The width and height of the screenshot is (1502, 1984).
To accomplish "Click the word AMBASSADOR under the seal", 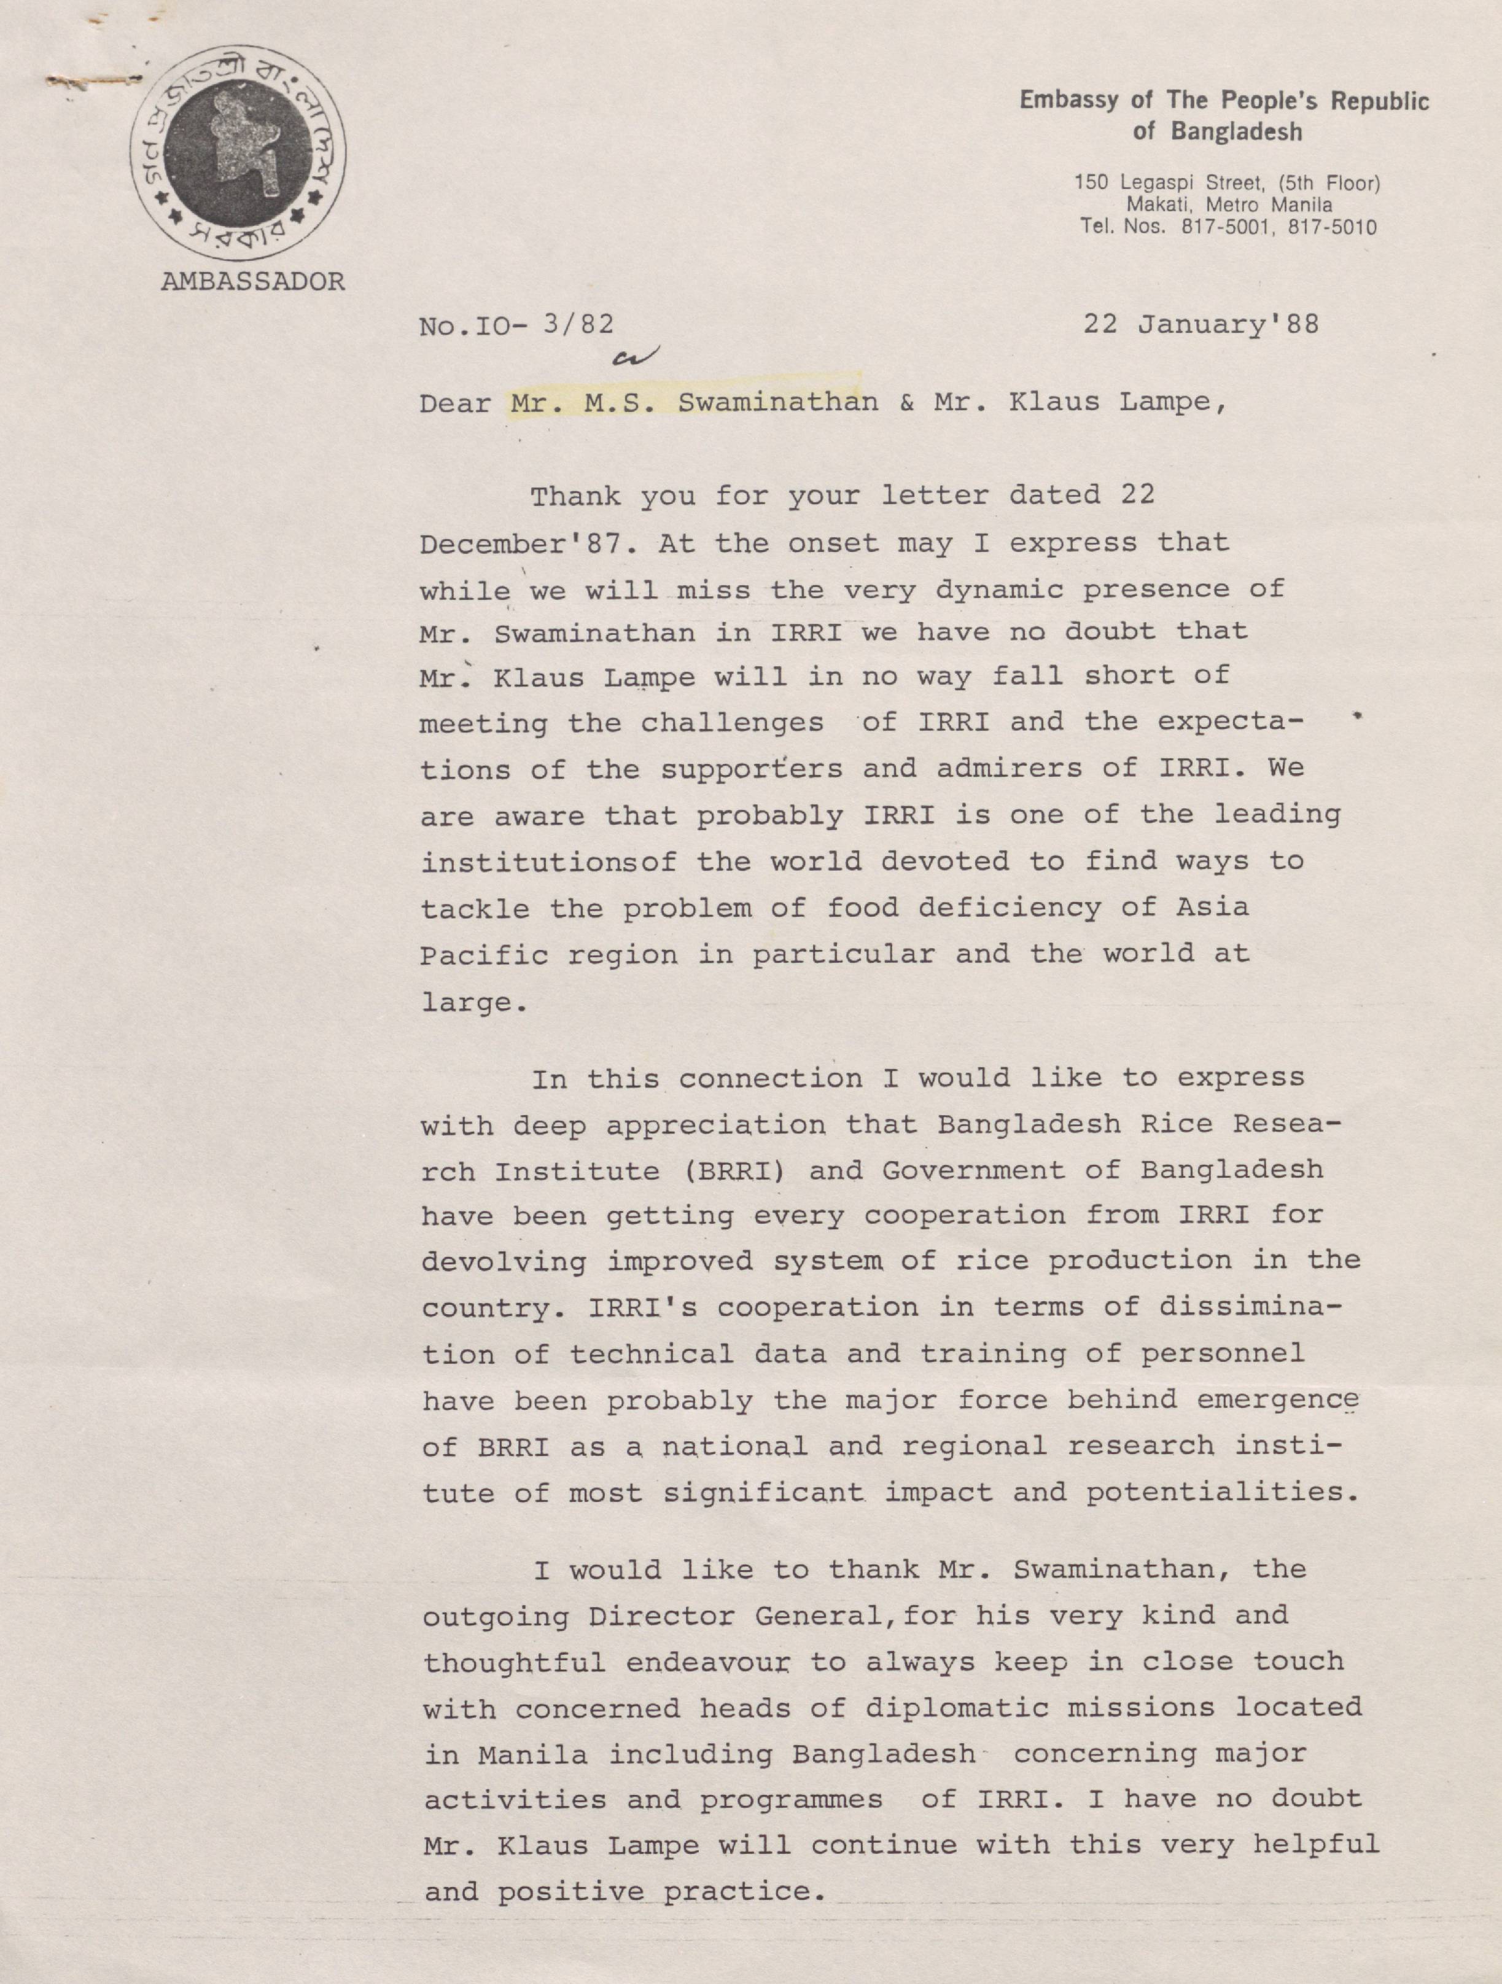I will pyautogui.click(x=253, y=282).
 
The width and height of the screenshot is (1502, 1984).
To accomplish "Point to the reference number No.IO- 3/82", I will pyautogui.click(x=516, y=325).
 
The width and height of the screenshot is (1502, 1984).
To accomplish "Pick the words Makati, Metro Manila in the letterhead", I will pyautogui.click(x=1229, y=205).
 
